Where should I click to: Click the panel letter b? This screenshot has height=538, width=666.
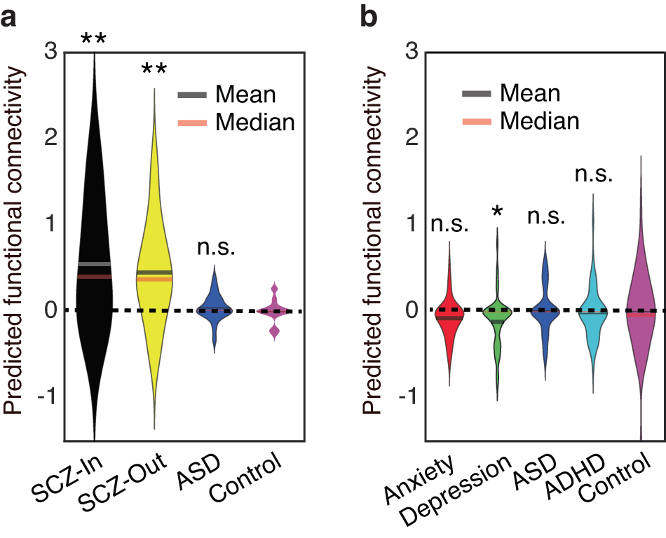coord(370,18)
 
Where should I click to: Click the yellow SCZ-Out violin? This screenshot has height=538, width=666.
coord(154,280)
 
